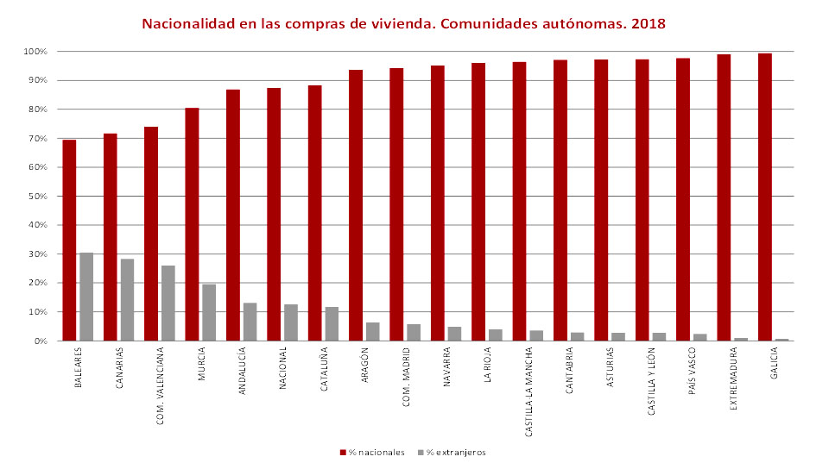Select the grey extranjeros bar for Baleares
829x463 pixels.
click(x=86, y=297)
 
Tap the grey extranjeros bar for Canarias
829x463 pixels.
click(x=127, y=299)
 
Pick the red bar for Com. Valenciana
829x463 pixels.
click(x=151, y=234)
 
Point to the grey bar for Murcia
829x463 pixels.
click(x=209, y=312)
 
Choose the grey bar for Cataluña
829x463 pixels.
click(x=332, y=323)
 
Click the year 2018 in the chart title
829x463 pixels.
click(x=649, y=23)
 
